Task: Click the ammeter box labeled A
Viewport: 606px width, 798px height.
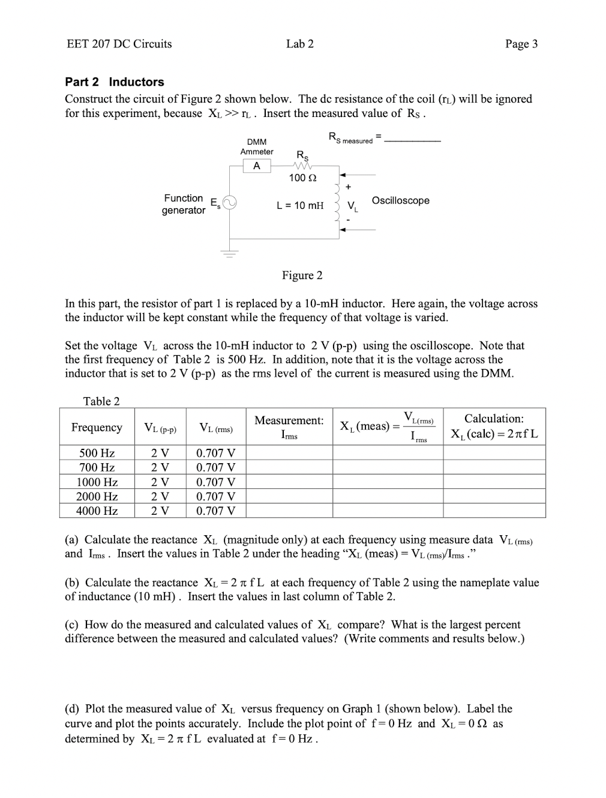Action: (257, 166)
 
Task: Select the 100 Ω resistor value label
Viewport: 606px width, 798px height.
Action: (302, 178)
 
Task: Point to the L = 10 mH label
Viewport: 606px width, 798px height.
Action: (300, 205)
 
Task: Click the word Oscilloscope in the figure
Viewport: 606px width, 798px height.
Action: (400, 200)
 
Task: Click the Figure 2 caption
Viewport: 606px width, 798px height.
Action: (302, 275)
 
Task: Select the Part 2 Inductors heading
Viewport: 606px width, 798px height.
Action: (114, 82)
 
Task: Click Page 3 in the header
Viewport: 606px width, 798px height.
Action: (521, 44)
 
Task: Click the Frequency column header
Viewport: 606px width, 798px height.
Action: (97, 427)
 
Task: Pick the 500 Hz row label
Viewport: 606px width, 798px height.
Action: (97, 453)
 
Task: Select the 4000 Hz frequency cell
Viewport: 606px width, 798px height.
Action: (97, 511)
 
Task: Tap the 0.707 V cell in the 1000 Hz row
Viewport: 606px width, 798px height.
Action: (216, 482)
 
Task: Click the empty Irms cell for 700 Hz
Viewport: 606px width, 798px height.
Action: (289, 467)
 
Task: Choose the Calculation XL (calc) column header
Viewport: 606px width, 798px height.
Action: (494, 427)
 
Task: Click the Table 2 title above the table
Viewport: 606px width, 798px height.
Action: (101, 401)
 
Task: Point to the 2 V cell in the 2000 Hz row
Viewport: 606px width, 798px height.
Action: (160, 496)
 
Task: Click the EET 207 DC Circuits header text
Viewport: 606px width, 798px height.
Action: (119, 44)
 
